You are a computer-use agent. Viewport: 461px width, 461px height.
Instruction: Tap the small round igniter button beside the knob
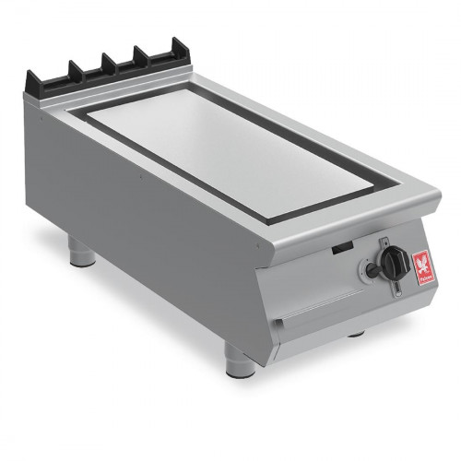(x=372, y=271)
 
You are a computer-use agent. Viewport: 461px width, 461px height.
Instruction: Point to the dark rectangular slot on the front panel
(x=342, y=247)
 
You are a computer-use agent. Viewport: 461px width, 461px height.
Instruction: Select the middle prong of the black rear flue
(x=109, y=61)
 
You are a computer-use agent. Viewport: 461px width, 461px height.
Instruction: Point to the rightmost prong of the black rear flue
(x=172, y=52)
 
